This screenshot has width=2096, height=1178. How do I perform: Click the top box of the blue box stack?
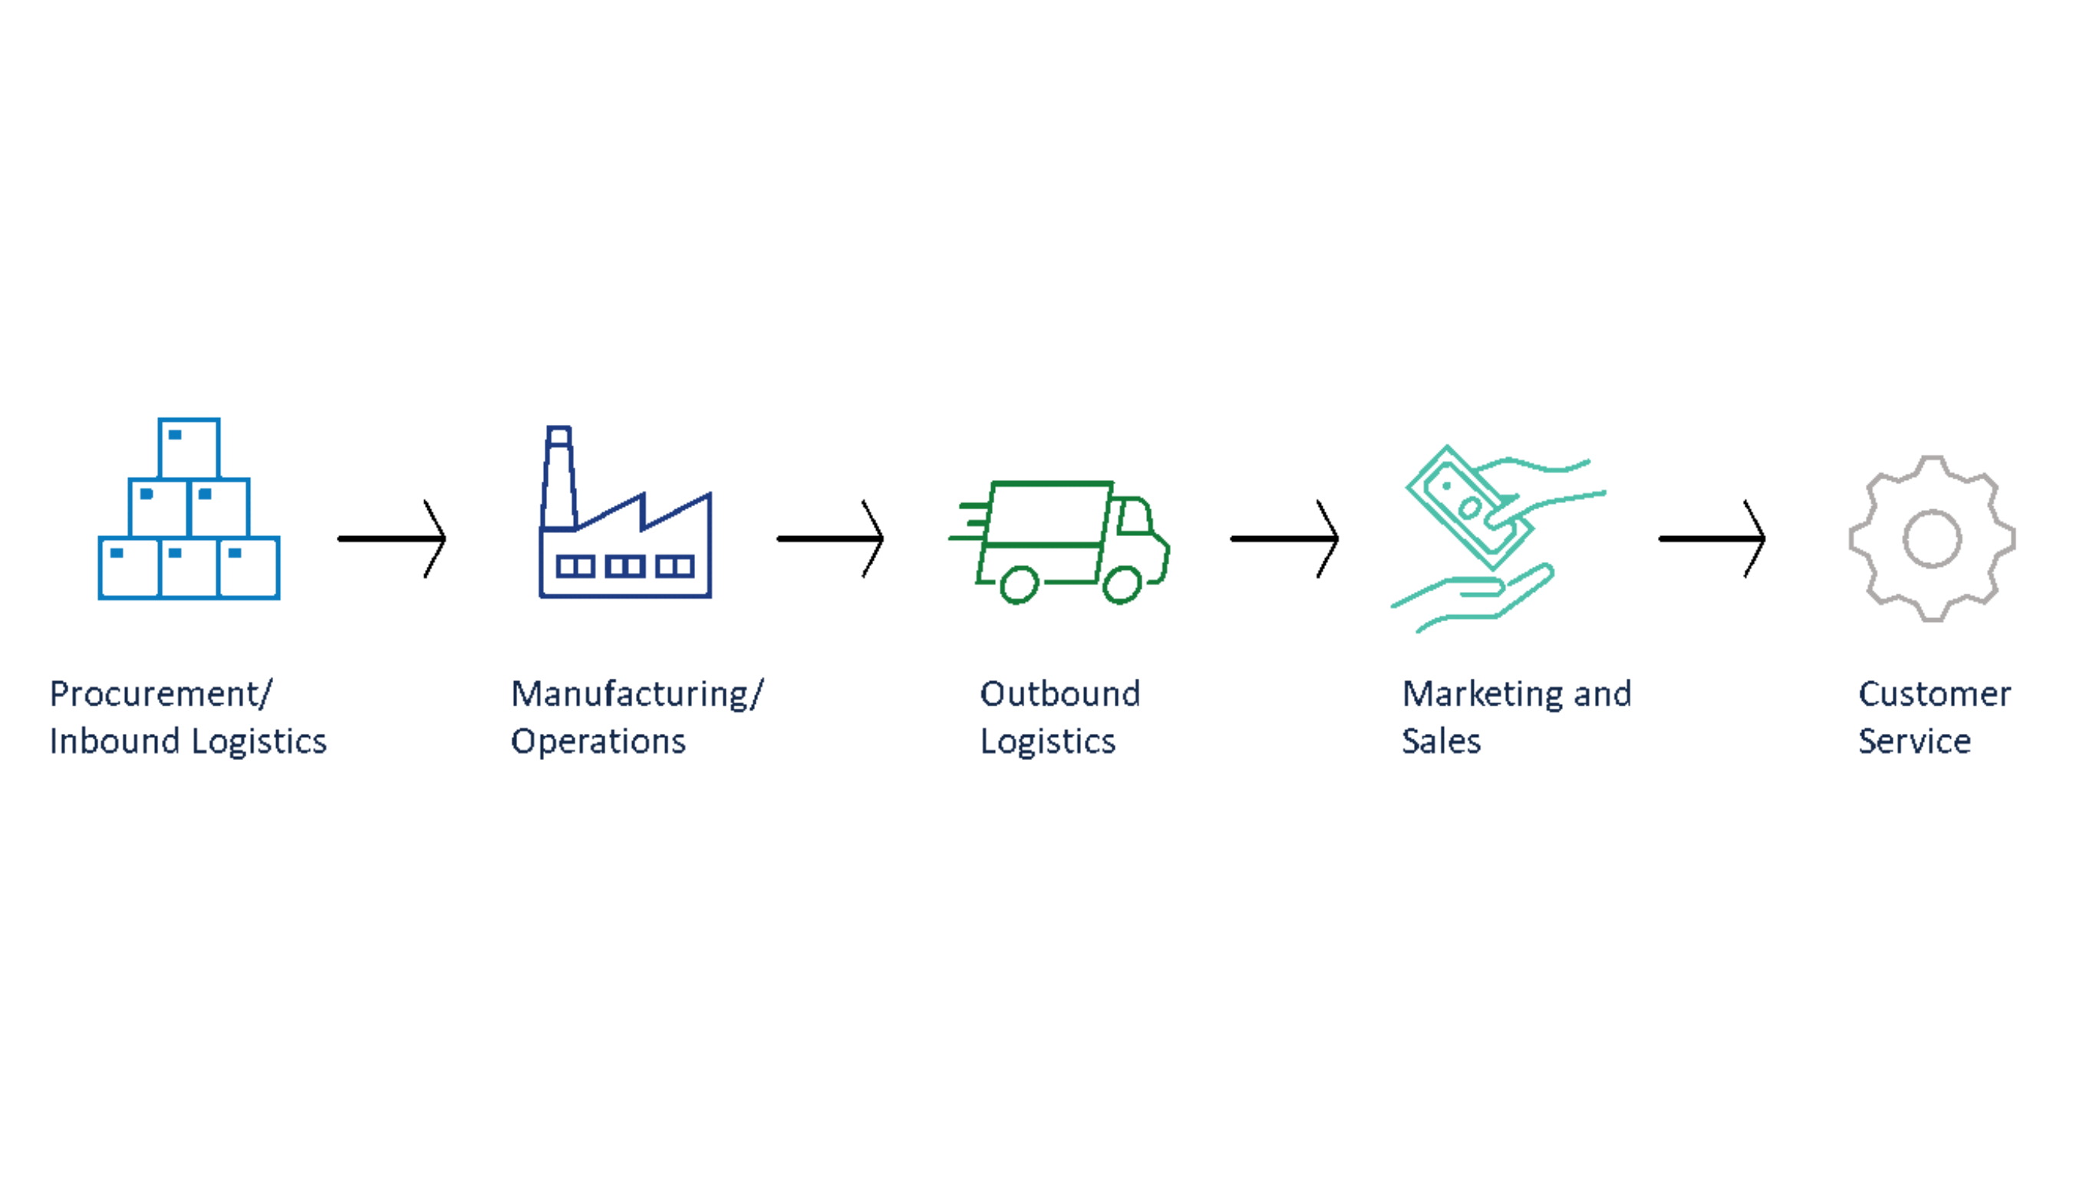(x=189, y=448)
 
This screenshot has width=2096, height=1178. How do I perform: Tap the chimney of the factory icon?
(x=559, y=480)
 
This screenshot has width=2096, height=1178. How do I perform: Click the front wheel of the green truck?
(x=1122, y=584)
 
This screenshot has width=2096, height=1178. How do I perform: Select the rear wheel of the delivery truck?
(x=1019, y=584)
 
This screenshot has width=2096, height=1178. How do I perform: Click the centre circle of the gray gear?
(x=1932, y=538)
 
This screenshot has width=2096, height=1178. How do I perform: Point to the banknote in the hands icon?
(x=1468, y=508)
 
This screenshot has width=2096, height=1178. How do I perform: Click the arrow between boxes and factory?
(x=392, y=538)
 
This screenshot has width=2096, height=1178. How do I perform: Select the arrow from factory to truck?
(x=831, y=538)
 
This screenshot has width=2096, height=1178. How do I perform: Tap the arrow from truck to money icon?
(x=1285, y=538)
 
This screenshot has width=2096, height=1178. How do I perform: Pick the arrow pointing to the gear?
(x=1712, y=538)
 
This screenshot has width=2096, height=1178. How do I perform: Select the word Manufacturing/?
(x=637, y=694)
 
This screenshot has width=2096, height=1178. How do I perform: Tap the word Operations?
(x=598, y=741)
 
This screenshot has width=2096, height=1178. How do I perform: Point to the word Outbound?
(x=1060, y=694)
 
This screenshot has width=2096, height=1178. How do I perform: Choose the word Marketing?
(x=1481, y=694)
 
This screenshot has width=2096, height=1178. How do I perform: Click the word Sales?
(x=1441, y=741)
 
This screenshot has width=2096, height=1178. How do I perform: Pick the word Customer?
(x=1934, y=694)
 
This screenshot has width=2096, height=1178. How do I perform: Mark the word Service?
(x=1914, y=741)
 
